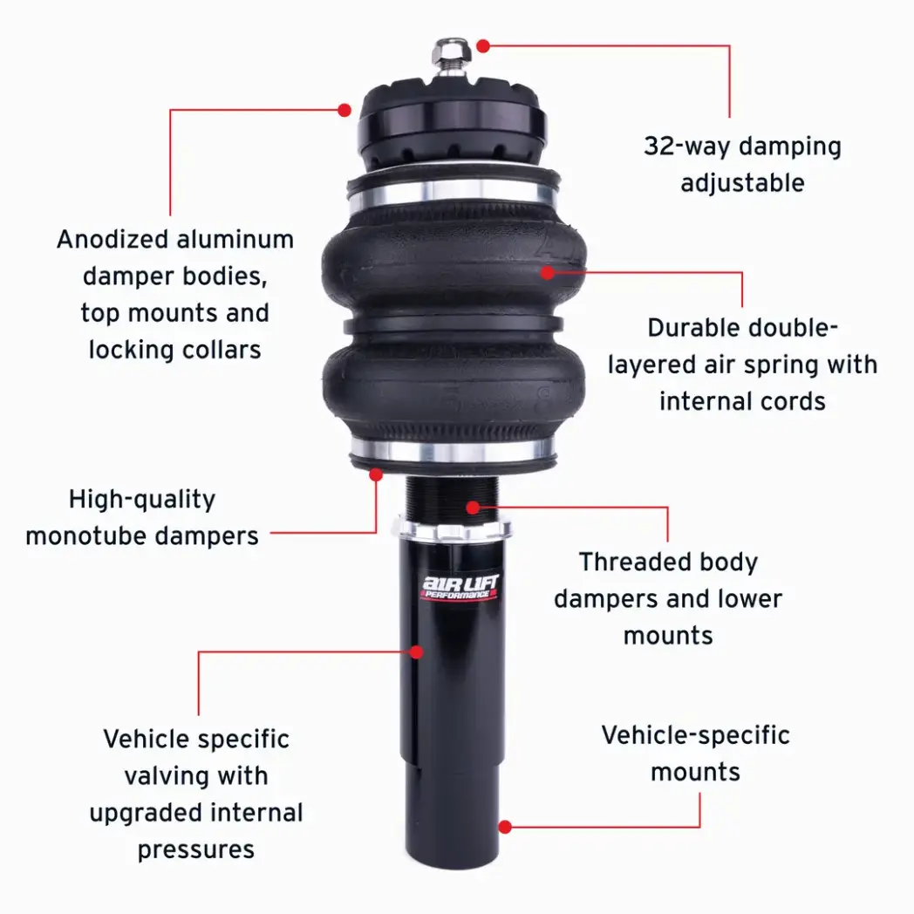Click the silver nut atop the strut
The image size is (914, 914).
tap(452, 52)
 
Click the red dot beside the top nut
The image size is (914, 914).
tap(483, 46)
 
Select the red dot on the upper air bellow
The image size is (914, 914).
tap(548, 272)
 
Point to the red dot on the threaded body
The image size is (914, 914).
tap(474, 507)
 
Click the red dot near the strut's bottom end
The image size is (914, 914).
tap(505, 827)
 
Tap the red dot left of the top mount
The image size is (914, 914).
tap(344, 110)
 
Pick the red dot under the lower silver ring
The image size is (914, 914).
tap(376, 474)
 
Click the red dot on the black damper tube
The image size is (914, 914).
tap(416, 651)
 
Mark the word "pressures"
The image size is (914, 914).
tap(196, 849)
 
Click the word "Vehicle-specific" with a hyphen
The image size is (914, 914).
tap(695, 735)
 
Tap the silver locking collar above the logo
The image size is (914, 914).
tap(452, 529)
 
